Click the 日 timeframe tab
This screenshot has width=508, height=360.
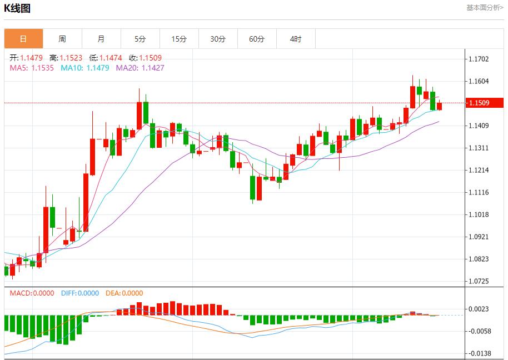23,39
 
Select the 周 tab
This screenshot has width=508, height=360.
62,39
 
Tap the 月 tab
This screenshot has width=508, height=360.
101,39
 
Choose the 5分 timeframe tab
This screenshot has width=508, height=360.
140,39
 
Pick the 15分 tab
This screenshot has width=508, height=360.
179,39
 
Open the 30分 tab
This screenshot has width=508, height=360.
218,39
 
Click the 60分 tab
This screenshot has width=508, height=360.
257,39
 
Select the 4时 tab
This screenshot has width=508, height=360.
296,39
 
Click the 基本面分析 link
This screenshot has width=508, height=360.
485,8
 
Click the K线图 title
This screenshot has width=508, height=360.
17,8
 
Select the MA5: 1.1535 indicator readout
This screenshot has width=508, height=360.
32,68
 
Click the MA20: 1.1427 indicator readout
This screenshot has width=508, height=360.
140,68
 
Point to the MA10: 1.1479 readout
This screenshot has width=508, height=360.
85,68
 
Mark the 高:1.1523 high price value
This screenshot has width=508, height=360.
66,58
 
